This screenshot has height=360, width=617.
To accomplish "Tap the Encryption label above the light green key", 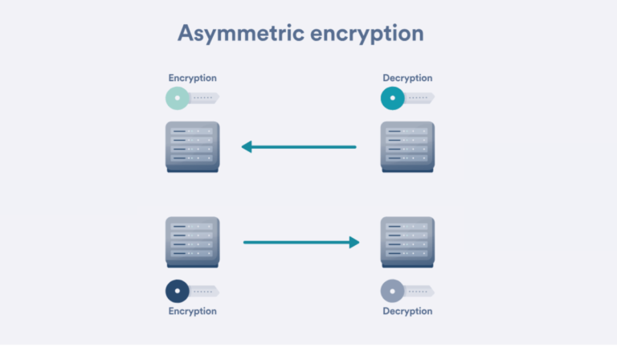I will [x=192, y=78].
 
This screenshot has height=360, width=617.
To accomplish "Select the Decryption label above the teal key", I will [x=407, y=78].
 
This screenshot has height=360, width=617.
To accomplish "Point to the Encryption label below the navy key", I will [x=192, y=311].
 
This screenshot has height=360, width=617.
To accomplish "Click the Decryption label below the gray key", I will [x=407, y=311].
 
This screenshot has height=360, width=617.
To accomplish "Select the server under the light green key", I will [x=192, y=145].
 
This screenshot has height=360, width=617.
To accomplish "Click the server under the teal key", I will [x=407, y=145].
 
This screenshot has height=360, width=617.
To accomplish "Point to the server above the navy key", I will [x=192, y=241].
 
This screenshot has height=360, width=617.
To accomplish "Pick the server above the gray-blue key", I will [x=407, y=241].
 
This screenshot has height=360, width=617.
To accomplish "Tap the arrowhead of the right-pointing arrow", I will [x=353, y=241].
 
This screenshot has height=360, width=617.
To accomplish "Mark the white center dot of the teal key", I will [x=392, y=99].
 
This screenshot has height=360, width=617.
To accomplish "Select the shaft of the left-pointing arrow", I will [x=305, y=147].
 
